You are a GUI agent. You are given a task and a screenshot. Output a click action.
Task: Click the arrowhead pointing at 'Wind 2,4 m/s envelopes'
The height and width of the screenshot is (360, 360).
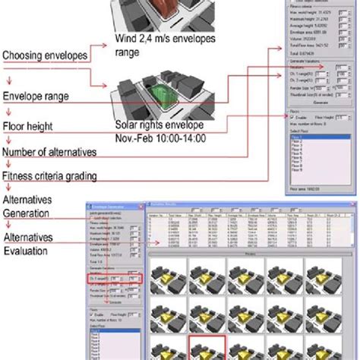tap(109, 44)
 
